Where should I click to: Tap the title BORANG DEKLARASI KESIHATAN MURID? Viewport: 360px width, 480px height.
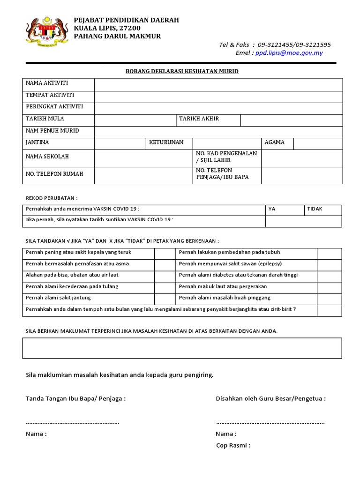click(x=182, y=71)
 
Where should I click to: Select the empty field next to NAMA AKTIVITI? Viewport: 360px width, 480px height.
click(x=218, y=84)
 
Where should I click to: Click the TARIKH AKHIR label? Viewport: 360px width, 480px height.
click(x=199, y=119)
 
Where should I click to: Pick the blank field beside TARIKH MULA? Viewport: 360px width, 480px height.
click(x=135, y=120)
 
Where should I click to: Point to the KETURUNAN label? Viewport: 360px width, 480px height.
click(x=166, y=142)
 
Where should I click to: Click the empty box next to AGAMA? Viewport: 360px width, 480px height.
click(x=318, y=143)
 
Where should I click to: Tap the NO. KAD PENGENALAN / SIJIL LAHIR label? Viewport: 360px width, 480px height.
click(x=226, y=157)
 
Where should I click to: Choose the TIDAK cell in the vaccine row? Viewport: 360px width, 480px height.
click(x=322, y=209)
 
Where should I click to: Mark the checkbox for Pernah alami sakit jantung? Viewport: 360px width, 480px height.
click(x=165, y=298)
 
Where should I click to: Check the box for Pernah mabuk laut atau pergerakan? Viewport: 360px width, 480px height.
click(x=329, y=287)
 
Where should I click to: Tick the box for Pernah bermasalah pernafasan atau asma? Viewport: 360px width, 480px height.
click(x=165, y=264)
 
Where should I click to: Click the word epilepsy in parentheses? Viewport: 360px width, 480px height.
click(x=267, y=264)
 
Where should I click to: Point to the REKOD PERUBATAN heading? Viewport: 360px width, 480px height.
click(x=51, y=198)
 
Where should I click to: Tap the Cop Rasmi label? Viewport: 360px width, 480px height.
click(x=232, y=445)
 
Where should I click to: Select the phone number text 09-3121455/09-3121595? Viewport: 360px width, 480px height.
click(x=294, y=45)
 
